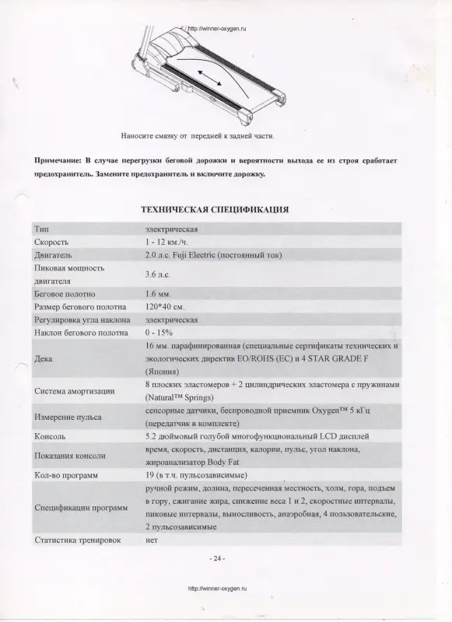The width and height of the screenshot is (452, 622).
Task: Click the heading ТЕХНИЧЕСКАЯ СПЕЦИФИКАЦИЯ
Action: [x=215, y=210]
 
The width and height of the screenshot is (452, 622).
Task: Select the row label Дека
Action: [x=44, y=359]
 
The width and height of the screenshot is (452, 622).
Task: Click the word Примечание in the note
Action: [x=59, y=159]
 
